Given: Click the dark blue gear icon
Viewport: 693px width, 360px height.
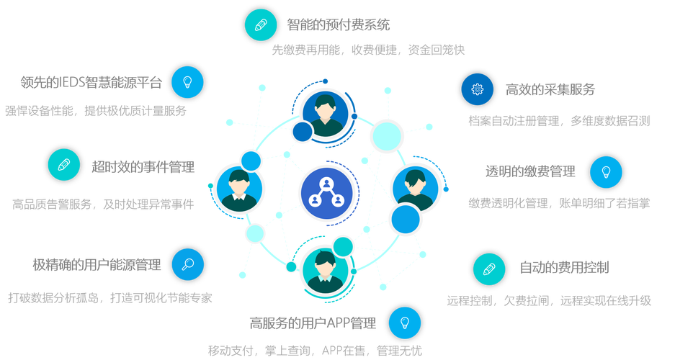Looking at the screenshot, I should (477, 89).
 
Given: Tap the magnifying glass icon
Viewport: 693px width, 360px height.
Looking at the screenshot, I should (188, 264).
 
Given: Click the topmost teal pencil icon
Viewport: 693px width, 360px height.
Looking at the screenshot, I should (260, 24).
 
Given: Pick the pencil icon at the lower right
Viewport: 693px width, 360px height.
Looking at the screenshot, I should (489, 269).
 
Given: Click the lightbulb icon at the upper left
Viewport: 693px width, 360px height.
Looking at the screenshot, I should (188, 81).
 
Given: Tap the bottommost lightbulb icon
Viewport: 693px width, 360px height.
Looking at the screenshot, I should (405, 323).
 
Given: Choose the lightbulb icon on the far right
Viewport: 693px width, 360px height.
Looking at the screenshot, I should (606, 172).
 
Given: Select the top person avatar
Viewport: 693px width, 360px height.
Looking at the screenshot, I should (325, 111).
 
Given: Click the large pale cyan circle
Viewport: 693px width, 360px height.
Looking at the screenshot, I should (387, 135).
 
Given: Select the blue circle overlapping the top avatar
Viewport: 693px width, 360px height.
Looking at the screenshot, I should (303, 131).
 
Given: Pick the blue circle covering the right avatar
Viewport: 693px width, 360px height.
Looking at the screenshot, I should (405, 218).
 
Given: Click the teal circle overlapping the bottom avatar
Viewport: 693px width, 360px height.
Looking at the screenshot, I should (343, 247).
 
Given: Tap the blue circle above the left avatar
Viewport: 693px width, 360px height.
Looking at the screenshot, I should (250, 160).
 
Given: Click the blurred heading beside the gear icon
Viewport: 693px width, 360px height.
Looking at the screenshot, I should (550, 89).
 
